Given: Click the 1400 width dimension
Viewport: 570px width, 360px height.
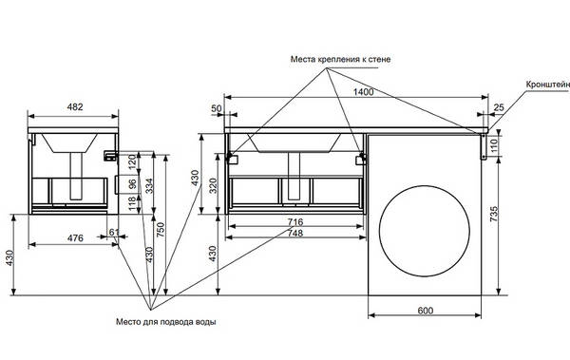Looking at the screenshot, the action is pyautogui.click(x=363, y=92).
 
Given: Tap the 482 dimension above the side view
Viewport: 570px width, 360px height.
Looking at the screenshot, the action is pyautogui.click(x=75, y=107).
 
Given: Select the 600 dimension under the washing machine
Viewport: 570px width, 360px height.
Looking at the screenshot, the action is pyautogui.click(x=426, y=311).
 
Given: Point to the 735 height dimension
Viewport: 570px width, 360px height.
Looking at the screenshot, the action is pyautogui.click(x=493, y=214).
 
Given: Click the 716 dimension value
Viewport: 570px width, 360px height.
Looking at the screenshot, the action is pyautogui.click(x=294, y=222).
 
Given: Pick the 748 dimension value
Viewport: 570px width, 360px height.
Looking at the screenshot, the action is pyautogui.click(x=294, y=233).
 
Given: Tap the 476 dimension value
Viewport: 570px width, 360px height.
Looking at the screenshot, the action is pyautogui.click(x=75, y=238).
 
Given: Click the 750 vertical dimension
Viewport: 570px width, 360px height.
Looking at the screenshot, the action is pyautogui.click(x=161, y=230).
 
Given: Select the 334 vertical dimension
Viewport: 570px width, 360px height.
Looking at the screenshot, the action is pyautogui.click(x=149, y=186).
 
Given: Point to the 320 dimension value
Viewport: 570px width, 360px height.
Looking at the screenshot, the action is pyautogui.click(x=214, y=186).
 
